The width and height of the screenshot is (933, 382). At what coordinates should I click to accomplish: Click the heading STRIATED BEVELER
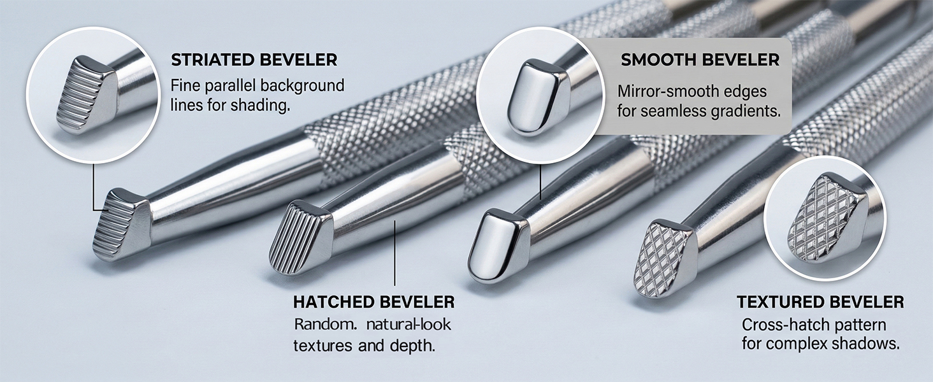(x=254, y=60)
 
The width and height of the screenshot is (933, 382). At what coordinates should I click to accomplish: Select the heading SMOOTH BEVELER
(x=700, y=60)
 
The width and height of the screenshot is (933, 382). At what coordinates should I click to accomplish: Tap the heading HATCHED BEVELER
(x=373, y=302)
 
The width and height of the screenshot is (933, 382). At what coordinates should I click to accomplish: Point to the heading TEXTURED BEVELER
(x=821, y=302)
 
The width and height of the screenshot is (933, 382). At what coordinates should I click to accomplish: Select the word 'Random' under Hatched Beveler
(x=325, y=324)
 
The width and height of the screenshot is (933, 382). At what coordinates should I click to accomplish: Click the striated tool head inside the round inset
(x=87, y=95)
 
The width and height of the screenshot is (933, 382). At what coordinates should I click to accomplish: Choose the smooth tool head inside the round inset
(x=537, y=98)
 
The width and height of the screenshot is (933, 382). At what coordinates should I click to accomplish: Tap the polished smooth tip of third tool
(x=498, y=247)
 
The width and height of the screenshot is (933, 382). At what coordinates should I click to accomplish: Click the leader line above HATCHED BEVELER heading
(x=394, y=253)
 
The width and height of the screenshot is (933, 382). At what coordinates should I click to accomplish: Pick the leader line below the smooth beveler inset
(x=540, y=182)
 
